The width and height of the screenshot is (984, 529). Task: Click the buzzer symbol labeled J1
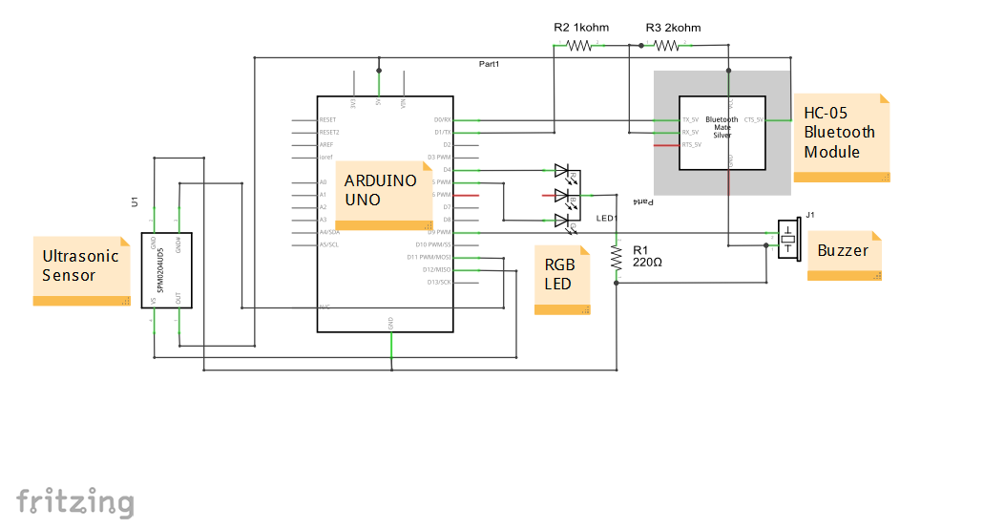pyautogui.click(x=787, y=239)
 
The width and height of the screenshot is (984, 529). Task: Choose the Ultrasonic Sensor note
pyautogui.click(x=81, y=267)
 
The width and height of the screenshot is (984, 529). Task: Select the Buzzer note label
pyautogui.click(x=844, y=251)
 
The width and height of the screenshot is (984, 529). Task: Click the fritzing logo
pyautogui.click(x=74, y=502)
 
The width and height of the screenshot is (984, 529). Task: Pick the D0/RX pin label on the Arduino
pyautogui.click(x=442, y=120)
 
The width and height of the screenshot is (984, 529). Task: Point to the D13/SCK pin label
pyautogui.click(x=440, y=282)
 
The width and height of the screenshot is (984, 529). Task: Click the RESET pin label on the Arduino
pyautogui.click(x=328, y=120)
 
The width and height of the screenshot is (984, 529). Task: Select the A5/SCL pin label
pyautogui.click(x=329, y=244)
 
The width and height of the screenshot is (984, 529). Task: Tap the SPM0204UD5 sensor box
pyautogui.click(x=166, y=270)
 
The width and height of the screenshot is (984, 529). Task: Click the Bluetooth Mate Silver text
pyautogui.click(x=722, y=126)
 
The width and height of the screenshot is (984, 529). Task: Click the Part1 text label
pyautogui.click(x=489, y=64)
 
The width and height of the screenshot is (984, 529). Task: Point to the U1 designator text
pyautogui.click(x=135, y=201)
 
